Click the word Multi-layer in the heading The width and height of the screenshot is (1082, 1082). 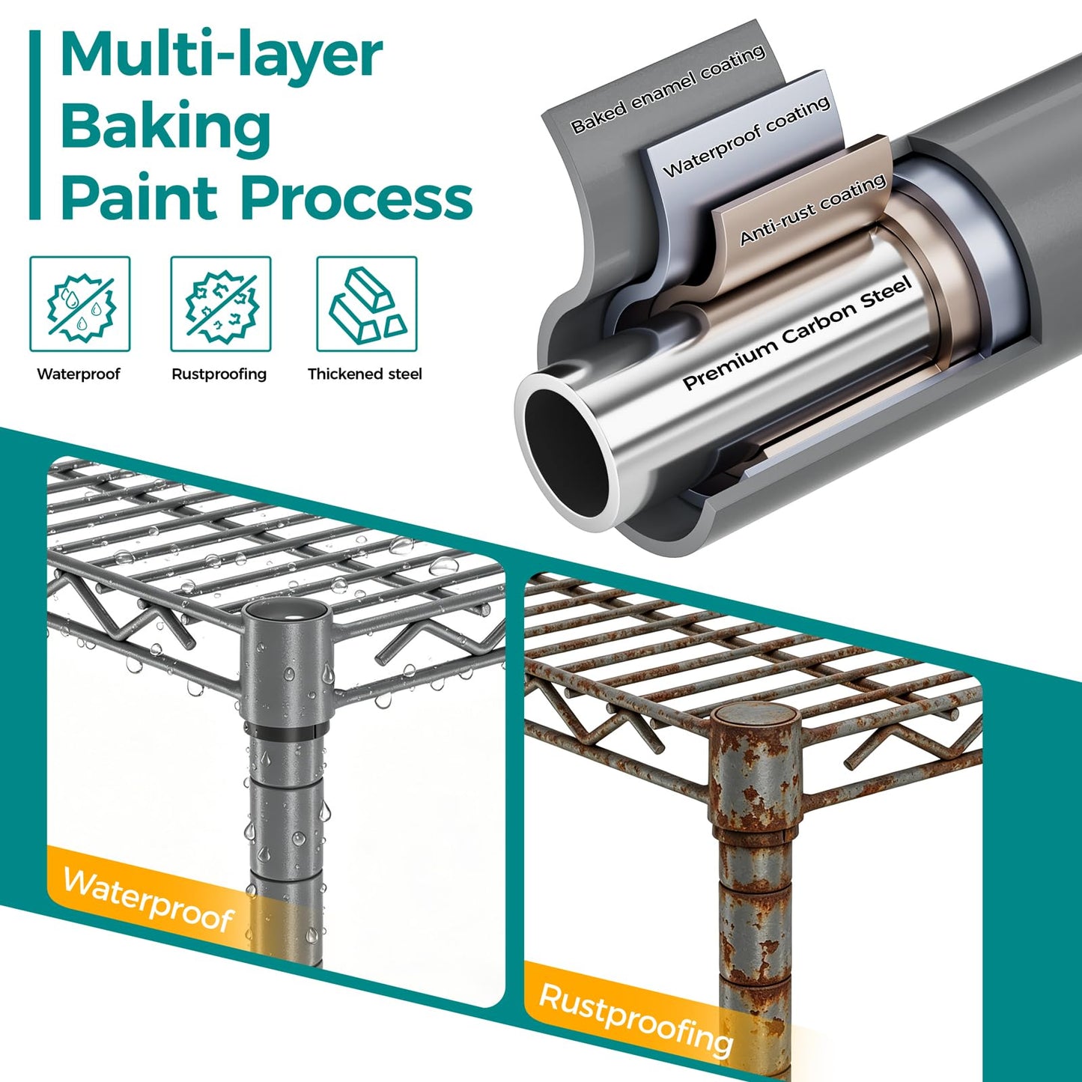[221, 55]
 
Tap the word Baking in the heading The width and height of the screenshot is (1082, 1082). [166, 129]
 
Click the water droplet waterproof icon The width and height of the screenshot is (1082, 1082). [79, 304]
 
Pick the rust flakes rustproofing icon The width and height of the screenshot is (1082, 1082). [221, 304]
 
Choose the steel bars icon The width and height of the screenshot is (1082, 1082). [367, 304]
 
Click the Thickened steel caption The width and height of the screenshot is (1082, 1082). [365, 374]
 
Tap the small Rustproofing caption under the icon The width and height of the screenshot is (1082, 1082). [219, 374]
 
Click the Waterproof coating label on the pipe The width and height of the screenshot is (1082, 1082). [747, 136]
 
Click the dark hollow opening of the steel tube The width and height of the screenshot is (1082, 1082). [566, 452]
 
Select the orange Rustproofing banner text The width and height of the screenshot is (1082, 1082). [636, 1016]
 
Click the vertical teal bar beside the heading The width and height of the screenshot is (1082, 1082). [35, 124]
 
